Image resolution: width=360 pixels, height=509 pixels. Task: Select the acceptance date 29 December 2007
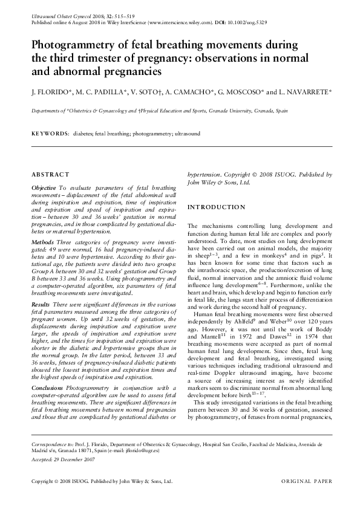tap(73, 459)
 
